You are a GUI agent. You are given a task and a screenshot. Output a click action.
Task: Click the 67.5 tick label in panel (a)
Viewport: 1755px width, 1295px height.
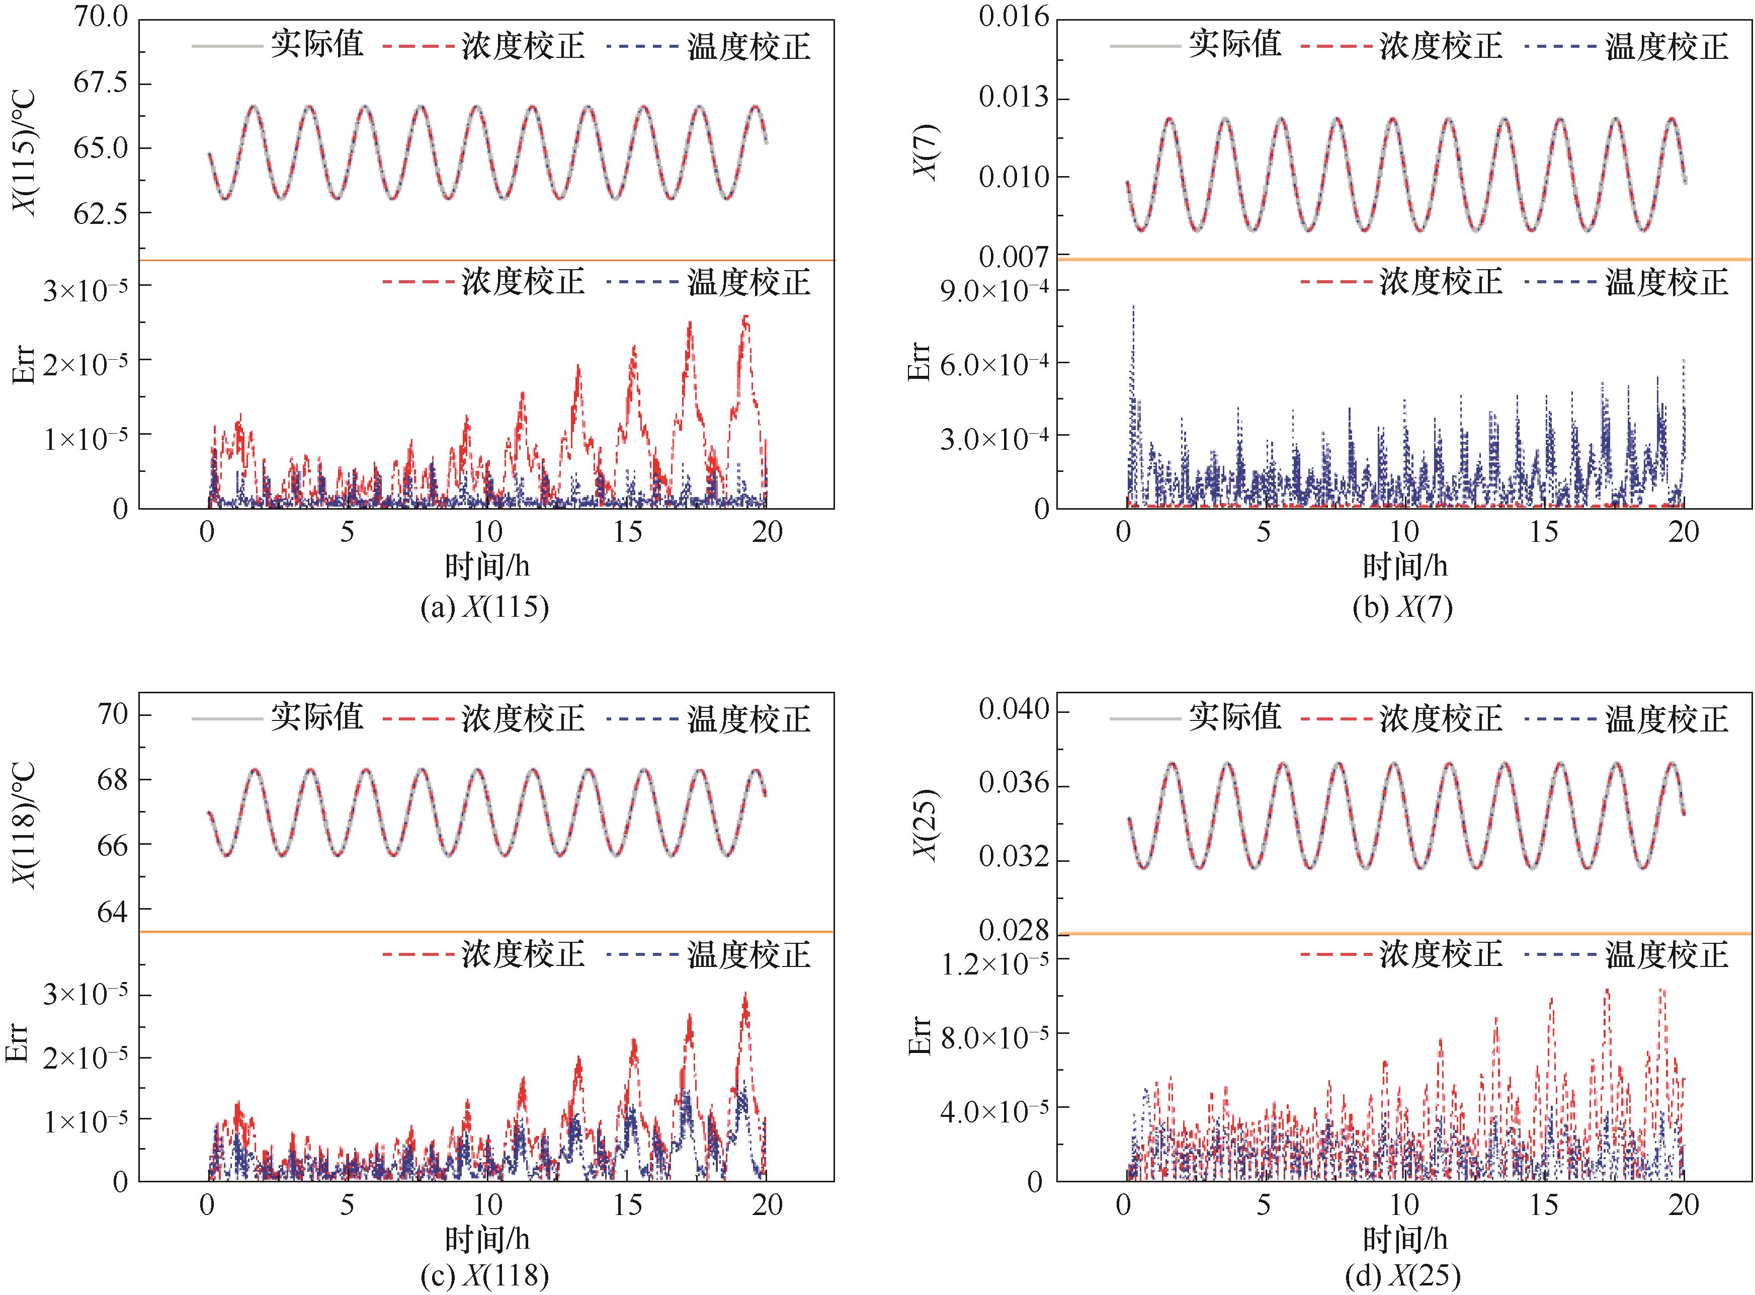point(100,83)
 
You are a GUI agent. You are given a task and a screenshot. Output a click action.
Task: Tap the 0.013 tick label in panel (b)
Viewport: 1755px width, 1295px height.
point(1014,98)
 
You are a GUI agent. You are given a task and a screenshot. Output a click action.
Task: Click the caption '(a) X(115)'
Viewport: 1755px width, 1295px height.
point(484,608)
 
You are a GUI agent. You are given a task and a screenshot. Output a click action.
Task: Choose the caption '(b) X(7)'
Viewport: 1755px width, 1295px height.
point(1402,608)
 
